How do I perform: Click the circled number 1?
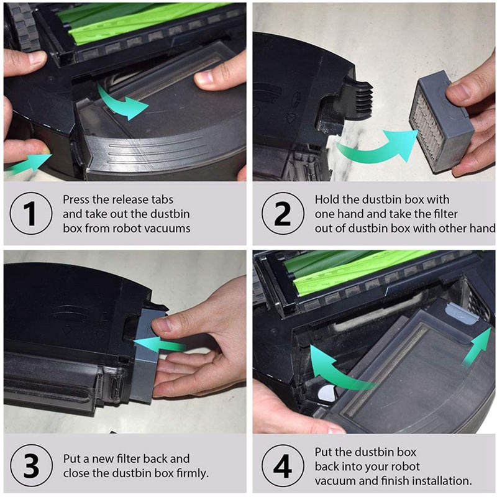click(x=30, y=213)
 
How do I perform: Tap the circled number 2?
click(x=283, y=213)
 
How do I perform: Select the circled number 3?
click(x=31, y=465)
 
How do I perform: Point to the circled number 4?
click(x=283, y=465)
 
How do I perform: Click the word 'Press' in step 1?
click(x=76, y=199)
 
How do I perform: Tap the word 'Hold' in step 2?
click(x=327, y=199)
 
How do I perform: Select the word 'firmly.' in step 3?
click(x=193, y=473)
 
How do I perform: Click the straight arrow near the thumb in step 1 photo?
click(x=28, y=164)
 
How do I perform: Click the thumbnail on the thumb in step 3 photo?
click(x=160, y=325)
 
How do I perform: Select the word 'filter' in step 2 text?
click(x=446, y=214)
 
